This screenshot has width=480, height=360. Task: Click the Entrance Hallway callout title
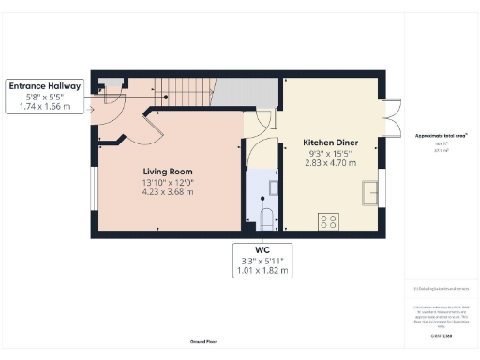pos(45,86)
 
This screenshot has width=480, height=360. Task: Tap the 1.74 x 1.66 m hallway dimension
pos(45,107)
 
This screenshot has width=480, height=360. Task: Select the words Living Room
pos(168,172)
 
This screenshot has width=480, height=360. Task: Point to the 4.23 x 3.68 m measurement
pos(168,192)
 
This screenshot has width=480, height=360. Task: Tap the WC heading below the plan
pos(262,248)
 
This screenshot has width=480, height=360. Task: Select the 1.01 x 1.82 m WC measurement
pos(262,270)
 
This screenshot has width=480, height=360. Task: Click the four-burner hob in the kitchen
pos(330,221)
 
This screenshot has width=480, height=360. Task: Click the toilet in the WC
pos(266,220)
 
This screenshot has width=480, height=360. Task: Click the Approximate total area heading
pos(441,135)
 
